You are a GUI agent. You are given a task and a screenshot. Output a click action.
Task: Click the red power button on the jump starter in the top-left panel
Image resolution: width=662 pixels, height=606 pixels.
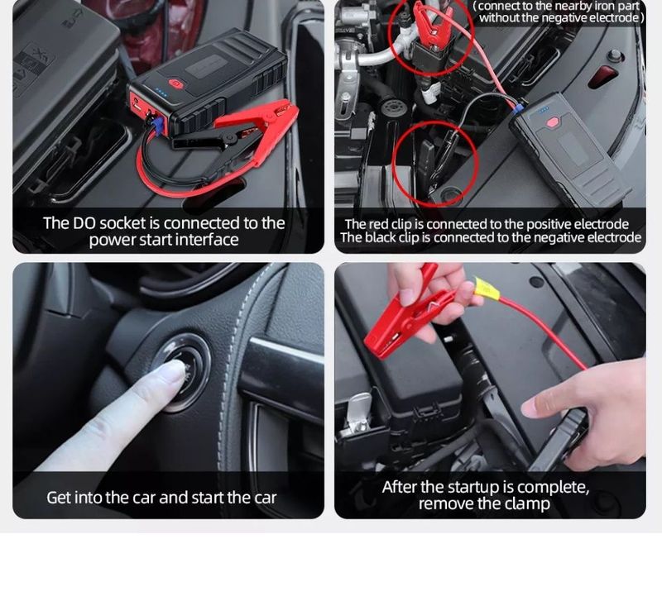175,83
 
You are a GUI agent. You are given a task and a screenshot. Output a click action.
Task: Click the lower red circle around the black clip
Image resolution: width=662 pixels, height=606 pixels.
435,162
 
